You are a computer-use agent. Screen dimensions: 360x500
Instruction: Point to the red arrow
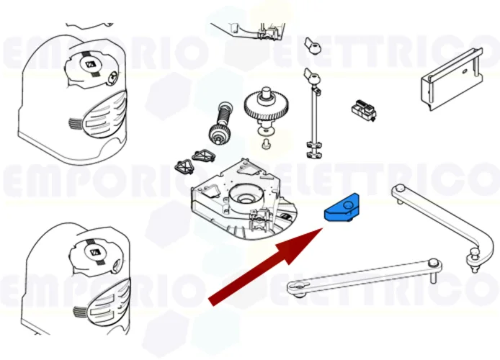tap(267, 267)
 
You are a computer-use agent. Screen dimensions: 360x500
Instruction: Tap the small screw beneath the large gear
tap(266, 146)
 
